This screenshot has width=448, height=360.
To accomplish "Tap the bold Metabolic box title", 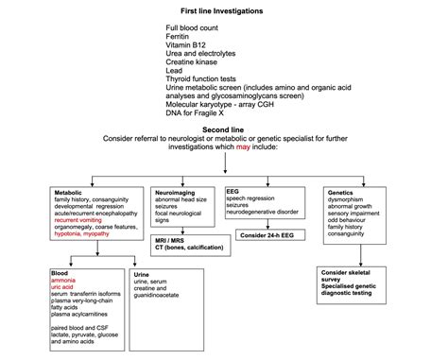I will click(71, 192).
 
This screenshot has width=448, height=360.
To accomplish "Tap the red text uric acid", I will click(66, 288).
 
